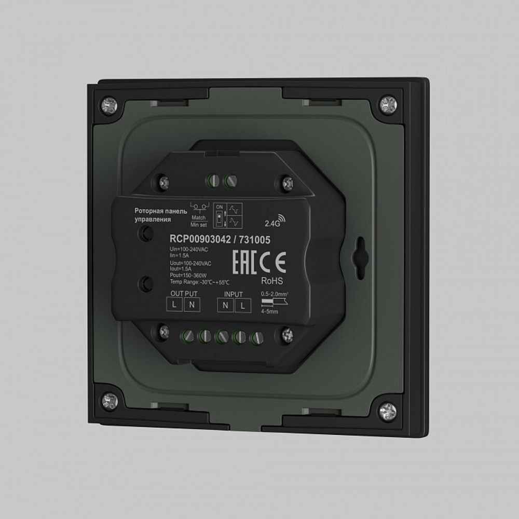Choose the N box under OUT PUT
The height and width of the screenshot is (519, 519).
[x=192, y=305]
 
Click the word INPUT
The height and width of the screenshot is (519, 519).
[x=234, y=294]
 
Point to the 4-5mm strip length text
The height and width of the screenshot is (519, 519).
[x=270, y=311]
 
